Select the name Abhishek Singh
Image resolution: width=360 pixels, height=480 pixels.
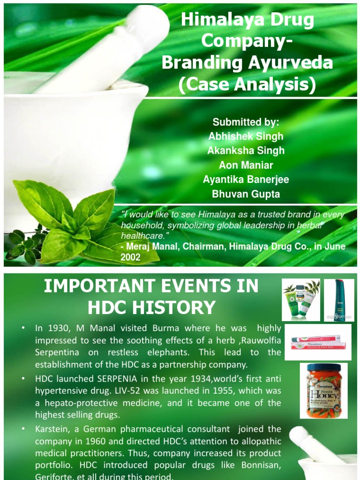(246, 136)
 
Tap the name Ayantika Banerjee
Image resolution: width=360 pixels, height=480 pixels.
(246, 179)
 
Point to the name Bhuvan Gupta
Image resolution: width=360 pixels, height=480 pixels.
(246, 194)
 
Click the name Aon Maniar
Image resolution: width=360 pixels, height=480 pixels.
(246, 165)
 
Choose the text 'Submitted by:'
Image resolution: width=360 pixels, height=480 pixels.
(246, 122)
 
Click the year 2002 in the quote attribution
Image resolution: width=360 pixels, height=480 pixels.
(131, 257)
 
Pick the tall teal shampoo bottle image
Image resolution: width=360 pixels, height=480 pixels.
(339, 300)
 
